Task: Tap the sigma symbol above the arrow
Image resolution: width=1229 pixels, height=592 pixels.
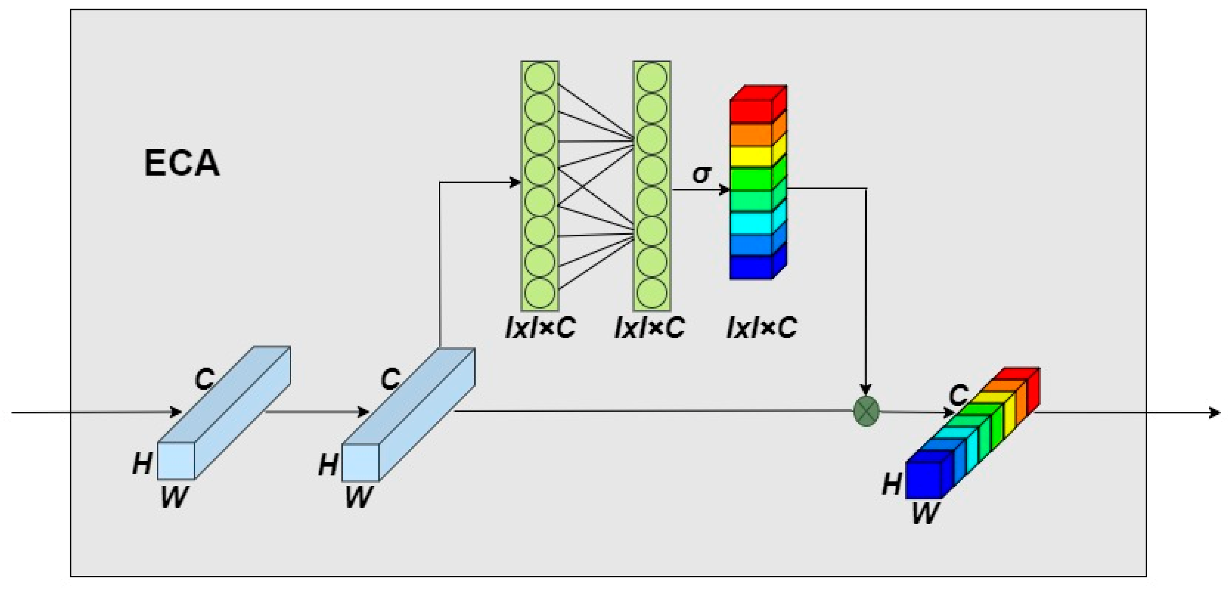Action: click(x=701, y=174)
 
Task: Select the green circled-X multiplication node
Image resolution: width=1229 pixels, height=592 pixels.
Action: click(x=866, y=410)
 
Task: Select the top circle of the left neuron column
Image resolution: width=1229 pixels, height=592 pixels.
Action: click(x=540, y=77)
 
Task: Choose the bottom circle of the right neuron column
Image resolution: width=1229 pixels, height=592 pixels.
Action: click(x=652, y=293)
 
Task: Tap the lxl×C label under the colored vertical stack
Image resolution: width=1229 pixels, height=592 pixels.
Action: click(x=762, y=328)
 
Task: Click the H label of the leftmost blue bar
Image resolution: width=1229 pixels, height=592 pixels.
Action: click(x=142, y=463)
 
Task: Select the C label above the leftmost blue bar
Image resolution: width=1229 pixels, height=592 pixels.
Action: click(x=205, y=379)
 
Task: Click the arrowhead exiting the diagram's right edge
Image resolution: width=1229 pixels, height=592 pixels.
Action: click(x=1214, y=412)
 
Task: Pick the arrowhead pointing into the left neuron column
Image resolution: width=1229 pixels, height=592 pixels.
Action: click(x=515, y=182)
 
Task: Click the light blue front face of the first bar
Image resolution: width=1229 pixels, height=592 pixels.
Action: click(x=176, y=460)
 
